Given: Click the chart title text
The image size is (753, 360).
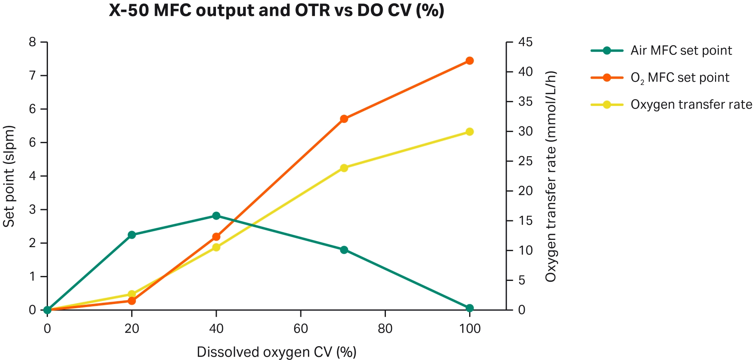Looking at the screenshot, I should coord(277,10).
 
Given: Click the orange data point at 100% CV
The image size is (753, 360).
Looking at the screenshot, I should coord(470,61).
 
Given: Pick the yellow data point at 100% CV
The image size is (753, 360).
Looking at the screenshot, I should coord(470,132).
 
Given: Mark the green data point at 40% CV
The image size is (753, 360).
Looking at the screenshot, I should coord(216,216).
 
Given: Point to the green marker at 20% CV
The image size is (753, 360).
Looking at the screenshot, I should coord(132,235).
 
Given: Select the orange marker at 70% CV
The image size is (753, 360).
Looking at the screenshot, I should coord(344,119).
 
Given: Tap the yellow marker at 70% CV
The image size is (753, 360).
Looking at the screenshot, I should coord(344,168).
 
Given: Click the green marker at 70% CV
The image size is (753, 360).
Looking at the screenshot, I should coord(344,250).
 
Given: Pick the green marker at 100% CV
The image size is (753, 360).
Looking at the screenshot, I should coord(470,308).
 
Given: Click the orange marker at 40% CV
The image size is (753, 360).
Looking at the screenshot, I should coord(216,237).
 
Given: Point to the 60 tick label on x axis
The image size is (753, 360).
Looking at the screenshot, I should coord(301,329).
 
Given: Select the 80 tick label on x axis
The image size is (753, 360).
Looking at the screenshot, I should coord(385,329).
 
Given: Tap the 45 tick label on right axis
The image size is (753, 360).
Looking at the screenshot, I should coord(526,42).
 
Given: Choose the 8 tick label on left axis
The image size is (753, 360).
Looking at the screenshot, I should coord(32,42).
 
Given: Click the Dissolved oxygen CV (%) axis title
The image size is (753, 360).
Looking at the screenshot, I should coord(277,352).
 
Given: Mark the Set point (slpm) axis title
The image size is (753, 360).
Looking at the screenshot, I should coord(9,176).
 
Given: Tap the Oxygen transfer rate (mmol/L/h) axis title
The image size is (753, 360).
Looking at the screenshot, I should coord(550,176).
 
